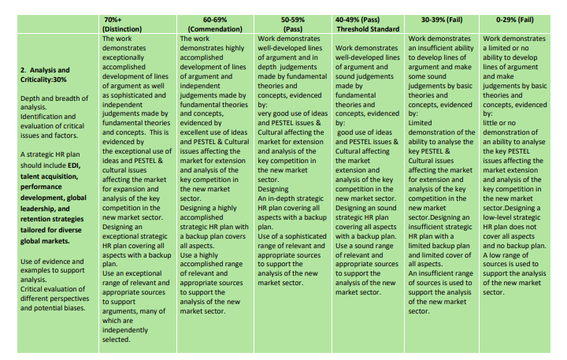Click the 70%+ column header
tap(113, 17)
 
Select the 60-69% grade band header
tap(196, 17)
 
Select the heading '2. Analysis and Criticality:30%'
tap(50, 74)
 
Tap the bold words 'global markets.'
tap(43, 241)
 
